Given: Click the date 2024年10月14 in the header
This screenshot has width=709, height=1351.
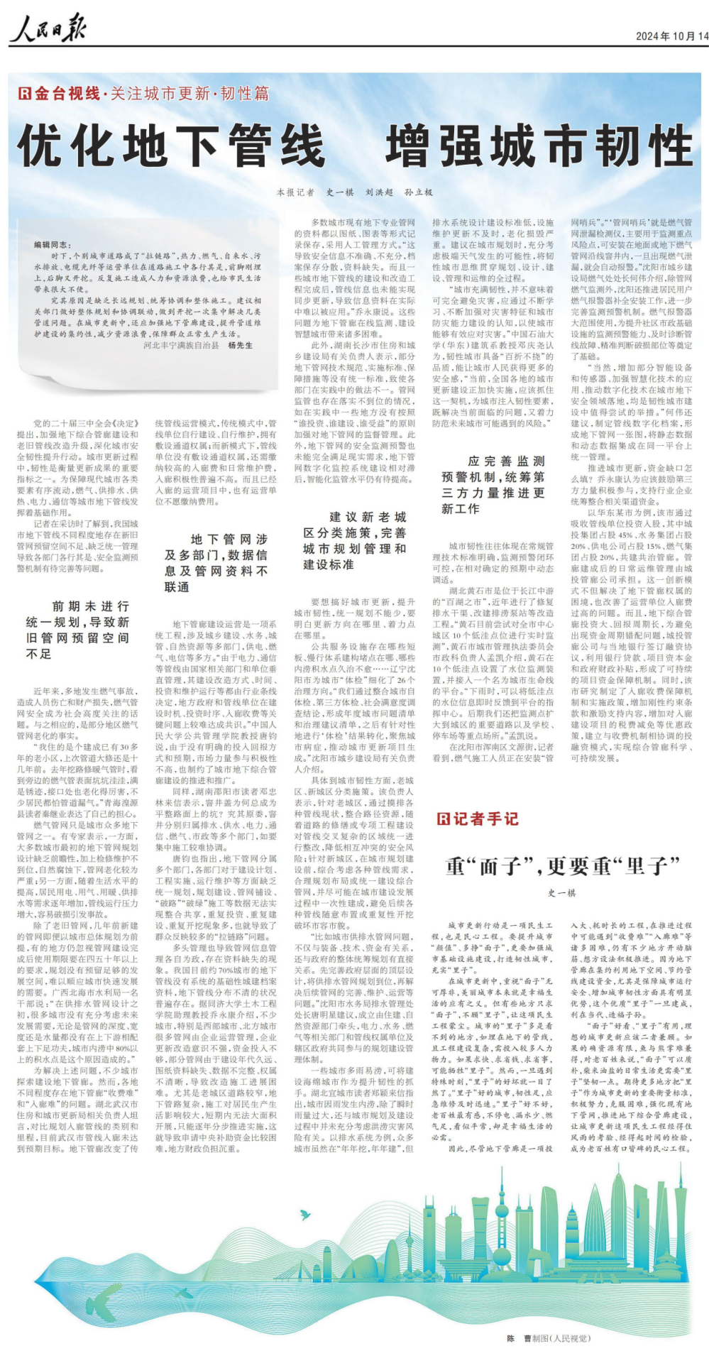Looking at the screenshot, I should [x=671, y=36].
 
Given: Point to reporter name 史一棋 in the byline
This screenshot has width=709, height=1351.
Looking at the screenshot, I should [x=339, y=192].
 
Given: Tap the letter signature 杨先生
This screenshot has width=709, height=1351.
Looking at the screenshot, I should [x=240, y=345].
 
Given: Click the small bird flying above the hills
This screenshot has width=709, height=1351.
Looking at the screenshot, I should [x=305, y=1215].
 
